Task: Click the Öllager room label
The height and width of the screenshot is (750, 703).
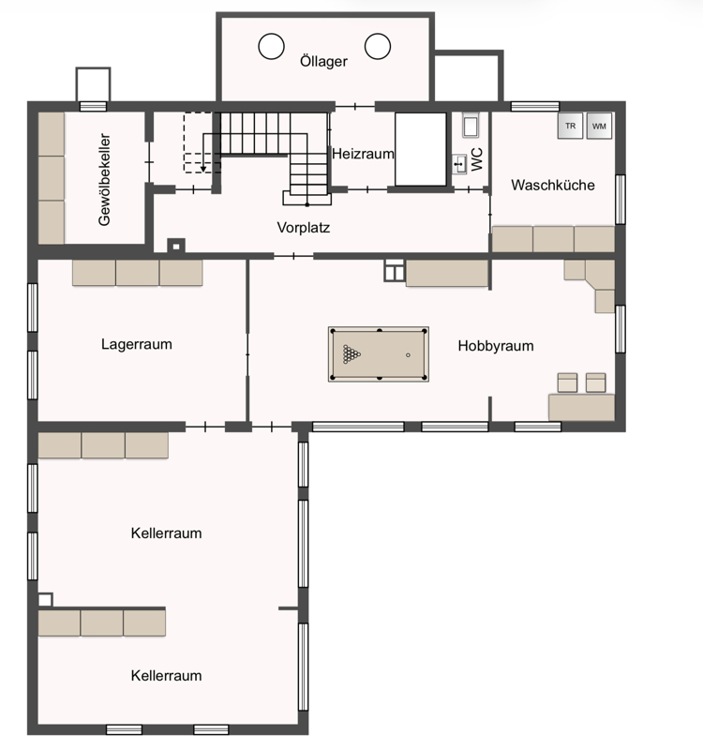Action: click(323, 61)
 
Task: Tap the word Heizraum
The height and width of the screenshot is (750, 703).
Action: click(363, 154)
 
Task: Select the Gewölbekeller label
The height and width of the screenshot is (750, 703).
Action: click(104, 179)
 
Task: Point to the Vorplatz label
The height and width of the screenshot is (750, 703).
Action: click(303, 227)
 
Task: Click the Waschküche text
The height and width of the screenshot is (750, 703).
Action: click(553, 185)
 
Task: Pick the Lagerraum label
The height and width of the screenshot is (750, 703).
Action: click(136, 344)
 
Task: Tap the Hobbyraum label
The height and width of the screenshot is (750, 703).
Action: click(496, 346)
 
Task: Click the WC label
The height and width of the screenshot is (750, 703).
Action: click(477, 159)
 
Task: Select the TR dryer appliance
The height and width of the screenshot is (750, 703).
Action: click(570, 126)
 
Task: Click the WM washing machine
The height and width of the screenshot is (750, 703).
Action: click(599, 126)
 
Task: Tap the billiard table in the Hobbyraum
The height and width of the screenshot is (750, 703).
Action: click(379, 354)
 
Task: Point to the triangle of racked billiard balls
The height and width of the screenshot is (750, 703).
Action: click(351, 354)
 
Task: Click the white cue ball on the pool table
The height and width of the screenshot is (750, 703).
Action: click(408, 355)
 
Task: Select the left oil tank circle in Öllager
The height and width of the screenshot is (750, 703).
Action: click(271, 46)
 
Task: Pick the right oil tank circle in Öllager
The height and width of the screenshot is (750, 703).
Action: click(378, 46)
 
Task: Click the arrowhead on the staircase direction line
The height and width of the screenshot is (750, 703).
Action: click(203, 169)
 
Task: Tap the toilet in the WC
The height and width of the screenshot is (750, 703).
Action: click(471, 126)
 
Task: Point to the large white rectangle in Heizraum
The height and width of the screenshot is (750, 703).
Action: click(421, 149)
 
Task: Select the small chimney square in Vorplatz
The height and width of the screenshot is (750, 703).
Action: click(176, 247)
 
